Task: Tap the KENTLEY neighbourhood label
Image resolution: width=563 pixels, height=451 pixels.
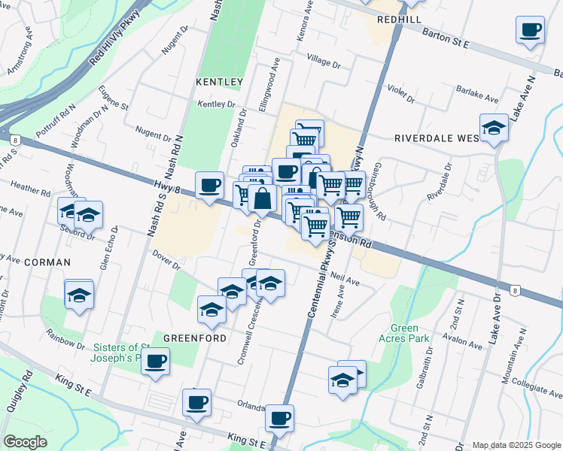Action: pyautogui.click(x=219, y=81)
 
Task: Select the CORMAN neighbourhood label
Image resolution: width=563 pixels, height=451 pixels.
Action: pyautogui.click(x=47, y=262)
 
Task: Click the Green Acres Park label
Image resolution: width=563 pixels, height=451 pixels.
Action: pyautogui.click(x=409, y=333)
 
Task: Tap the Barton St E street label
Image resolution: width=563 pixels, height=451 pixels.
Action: pyautogui.click(x=446, y=40)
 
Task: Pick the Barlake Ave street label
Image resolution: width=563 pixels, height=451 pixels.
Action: pyautogui.click(x=477, y=95)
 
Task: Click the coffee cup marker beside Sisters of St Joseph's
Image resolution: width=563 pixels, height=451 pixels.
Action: pyautogui.click(x=155, y=361)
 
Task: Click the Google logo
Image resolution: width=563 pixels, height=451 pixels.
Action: pyautogui.click(x=25, y=443)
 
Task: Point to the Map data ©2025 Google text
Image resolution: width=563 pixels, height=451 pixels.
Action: pyautogui.click(x=516, y=445)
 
